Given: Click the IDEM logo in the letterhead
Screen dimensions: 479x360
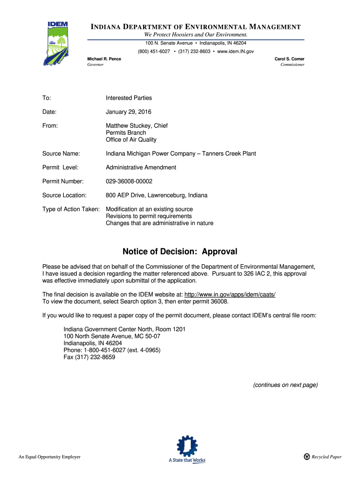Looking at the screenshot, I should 58,42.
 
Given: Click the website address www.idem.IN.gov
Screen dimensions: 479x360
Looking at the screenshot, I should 236,51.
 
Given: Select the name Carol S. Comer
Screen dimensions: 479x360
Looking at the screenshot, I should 289,59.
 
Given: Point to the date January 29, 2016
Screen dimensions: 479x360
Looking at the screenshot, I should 129,112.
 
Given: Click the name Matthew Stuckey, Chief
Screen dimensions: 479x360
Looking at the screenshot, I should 137,126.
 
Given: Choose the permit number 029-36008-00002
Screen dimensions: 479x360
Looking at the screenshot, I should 129,181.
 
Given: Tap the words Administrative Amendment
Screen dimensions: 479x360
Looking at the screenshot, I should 141,167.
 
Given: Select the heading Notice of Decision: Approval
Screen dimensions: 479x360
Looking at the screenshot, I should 180,252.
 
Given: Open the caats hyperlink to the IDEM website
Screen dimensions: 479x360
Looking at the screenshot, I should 230,294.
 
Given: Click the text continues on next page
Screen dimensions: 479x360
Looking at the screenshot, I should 285,385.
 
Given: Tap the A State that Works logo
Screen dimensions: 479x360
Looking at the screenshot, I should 187,449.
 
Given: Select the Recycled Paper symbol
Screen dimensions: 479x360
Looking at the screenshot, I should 307,457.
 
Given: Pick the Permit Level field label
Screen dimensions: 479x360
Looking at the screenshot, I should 60,167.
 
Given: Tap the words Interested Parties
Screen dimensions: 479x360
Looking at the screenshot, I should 129,98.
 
